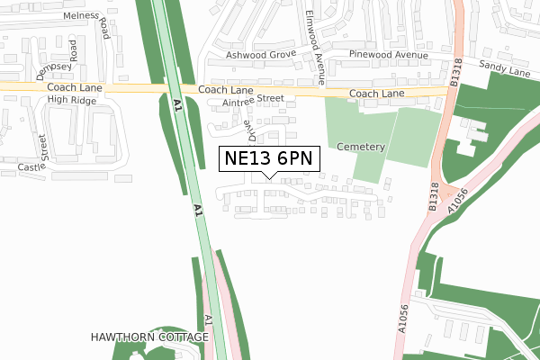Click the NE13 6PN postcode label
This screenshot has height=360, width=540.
click(269, 158)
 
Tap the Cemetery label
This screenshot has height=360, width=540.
click(363, 147)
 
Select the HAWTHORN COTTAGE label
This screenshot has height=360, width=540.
click(149, 337)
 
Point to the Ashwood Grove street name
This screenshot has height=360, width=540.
click(261, 55)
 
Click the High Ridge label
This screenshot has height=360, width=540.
click(71, 100)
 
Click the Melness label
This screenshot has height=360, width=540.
click(81, 14)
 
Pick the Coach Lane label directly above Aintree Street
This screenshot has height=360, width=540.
click(225, 91)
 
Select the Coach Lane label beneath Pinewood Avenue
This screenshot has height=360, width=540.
click(377, 94)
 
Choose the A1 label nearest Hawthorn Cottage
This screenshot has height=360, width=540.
click(208, 319)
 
